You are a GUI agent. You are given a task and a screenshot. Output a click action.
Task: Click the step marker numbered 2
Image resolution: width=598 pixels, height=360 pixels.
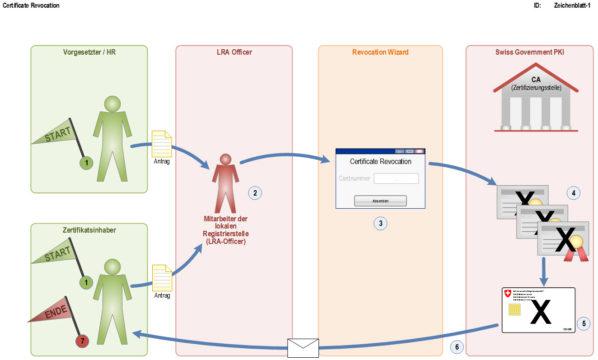click(255, 193)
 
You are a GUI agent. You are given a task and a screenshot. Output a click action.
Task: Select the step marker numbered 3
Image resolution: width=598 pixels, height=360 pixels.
click(381, 223)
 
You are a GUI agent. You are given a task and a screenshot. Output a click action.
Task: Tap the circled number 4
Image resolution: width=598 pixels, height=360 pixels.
click(573, 193)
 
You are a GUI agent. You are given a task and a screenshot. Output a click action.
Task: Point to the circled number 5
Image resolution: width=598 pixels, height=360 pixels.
click(584, 323)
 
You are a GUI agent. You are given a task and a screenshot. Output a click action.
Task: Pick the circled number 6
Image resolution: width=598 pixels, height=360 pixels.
click(457, 347)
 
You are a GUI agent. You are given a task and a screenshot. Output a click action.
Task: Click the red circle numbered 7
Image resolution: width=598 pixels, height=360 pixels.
click(82, 341)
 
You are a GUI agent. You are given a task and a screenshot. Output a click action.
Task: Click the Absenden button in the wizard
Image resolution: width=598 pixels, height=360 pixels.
click(380, 201)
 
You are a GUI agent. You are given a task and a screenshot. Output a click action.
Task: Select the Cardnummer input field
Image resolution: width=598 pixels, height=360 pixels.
click(396, 178)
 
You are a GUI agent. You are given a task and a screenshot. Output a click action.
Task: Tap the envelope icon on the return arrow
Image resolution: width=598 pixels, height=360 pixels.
click(303, 348)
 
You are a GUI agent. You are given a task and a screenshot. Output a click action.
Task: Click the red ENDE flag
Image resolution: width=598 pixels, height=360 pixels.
click(54, 312)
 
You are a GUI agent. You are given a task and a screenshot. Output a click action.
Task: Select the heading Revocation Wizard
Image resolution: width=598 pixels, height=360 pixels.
click(380, 52)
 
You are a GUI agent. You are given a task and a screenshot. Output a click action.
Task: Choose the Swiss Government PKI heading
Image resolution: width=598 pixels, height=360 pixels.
click(529, 52)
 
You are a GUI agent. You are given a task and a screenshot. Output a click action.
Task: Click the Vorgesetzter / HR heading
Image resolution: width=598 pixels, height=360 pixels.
click(89, 52)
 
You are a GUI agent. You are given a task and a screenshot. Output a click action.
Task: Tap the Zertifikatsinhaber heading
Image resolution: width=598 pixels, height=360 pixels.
click(89, 230)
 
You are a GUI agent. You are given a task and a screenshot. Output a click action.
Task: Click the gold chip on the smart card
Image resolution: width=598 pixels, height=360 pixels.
click(514, 310)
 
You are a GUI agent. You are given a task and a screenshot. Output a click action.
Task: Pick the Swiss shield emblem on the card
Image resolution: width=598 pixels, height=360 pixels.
click(508, 294)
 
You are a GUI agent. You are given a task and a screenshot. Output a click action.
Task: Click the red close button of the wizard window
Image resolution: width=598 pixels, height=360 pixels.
click(420, 152)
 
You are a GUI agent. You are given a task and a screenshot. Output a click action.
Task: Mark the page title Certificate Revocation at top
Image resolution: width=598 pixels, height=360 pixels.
click(31, 5)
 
